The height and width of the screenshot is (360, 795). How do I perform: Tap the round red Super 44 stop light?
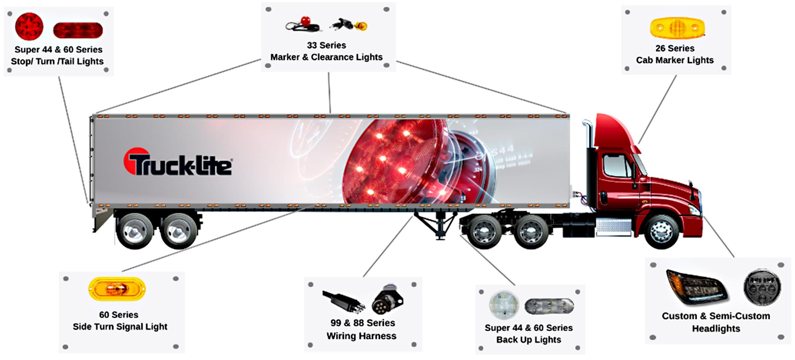(x=29, y=26)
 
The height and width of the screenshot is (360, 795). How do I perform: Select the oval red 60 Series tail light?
(x=78, y=31)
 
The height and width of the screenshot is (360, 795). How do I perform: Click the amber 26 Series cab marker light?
(x=677, y=28)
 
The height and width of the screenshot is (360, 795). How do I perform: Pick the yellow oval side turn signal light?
(x=117, y=289)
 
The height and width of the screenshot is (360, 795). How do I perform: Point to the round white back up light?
(x=504, y=304)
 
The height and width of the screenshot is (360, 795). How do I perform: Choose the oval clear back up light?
(x=549, y=306)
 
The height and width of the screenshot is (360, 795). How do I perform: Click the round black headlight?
(x=762, y=287)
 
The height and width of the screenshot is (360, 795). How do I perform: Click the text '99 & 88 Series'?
(x=362, y=323)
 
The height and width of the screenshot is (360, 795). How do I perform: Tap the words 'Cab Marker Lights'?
(x=675, y=60)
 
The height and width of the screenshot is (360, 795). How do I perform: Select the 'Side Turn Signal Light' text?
(x=120, y=327)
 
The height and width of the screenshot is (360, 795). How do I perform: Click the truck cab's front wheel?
(x=661, y=232)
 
